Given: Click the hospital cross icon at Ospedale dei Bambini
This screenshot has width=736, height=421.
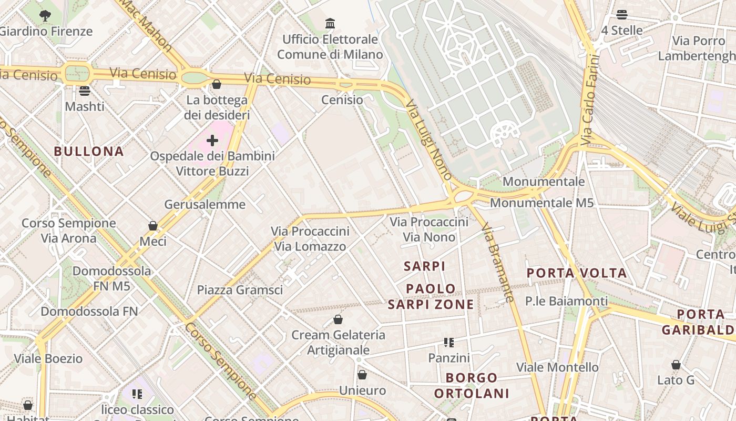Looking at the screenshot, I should pos(212,141).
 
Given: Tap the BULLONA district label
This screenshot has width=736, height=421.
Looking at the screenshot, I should pos(89,152).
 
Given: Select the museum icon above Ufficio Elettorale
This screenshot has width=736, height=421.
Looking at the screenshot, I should pos(330,24).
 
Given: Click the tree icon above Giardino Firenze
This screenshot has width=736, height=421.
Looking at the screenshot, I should pos(45,16).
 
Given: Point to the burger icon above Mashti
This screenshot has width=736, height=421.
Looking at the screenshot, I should pos(85,91).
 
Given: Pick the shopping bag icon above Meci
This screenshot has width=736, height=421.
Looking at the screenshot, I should pos(153,226).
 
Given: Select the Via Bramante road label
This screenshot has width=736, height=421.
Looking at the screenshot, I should pos(497,262).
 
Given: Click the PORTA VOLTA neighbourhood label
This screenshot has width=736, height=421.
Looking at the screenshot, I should pos(577,273).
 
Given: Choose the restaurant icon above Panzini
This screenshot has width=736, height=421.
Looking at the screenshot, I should pos(448,343).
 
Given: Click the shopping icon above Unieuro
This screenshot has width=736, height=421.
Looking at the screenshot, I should pos(362,375).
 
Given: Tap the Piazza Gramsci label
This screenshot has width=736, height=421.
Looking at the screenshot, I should pos(240,290).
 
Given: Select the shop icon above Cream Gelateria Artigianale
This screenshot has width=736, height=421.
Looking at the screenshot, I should pos(338,319).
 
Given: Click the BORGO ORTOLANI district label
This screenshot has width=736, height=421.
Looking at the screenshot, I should pos(472,385).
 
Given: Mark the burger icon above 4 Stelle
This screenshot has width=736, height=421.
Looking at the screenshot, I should pos(622,15).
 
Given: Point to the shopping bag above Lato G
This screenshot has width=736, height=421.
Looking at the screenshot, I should pos(676,365).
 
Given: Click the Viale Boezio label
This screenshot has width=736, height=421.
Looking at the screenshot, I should pos(48,359).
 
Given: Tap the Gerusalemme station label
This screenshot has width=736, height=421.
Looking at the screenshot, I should pos(205,204).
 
